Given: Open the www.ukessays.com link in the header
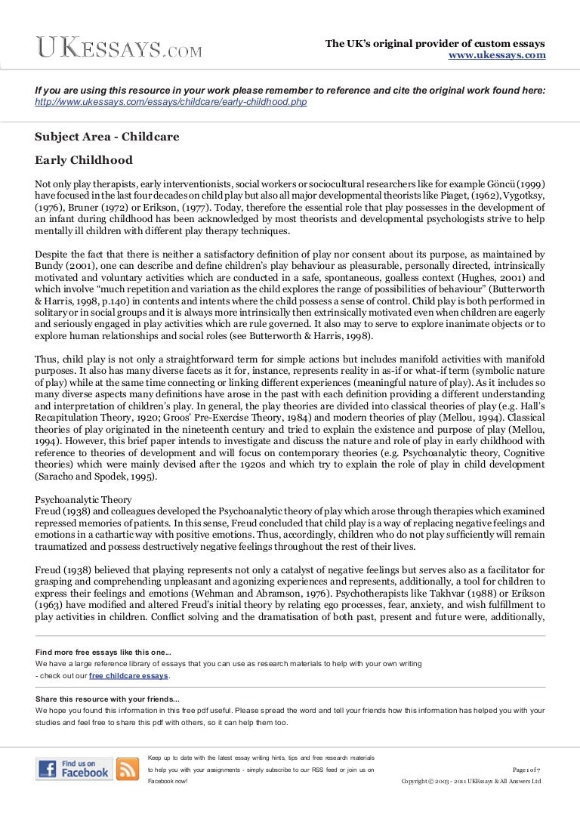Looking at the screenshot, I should [497, 55].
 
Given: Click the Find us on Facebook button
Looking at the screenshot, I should [73, 769].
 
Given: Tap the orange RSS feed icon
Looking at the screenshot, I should [128, 769].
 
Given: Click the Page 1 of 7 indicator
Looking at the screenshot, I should [526, 769].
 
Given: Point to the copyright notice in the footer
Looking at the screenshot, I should [471, 781].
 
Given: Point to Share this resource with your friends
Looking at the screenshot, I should [108, 699].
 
